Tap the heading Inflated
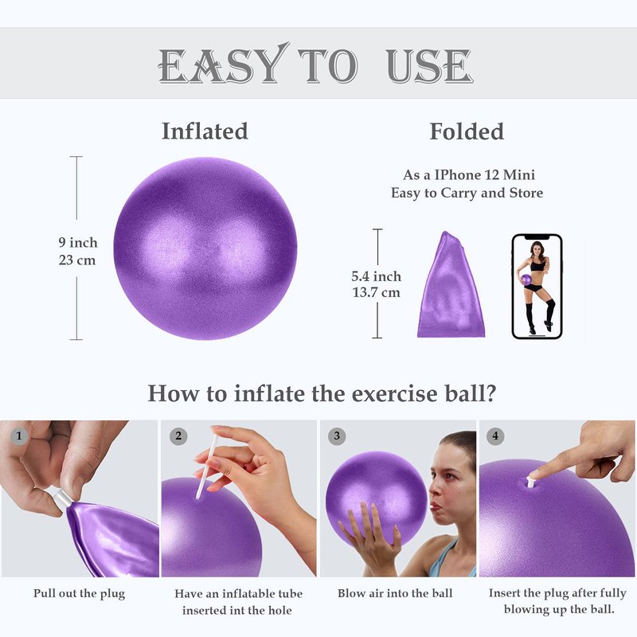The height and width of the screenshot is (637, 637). click(205, 131)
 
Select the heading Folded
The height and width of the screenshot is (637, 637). click(467, 131)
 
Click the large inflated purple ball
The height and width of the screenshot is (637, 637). click(205, 248)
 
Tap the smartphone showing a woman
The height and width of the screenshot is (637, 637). click(537, 287)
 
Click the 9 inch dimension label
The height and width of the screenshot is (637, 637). click(78, 243)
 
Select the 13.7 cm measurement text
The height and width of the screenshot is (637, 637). click(376, 292)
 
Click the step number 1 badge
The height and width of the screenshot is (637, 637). click(18, 436)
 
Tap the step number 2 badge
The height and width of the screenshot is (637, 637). click(178, 436)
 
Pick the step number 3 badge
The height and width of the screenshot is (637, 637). click(337, 436)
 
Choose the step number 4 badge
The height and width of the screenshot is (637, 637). click(495, 436)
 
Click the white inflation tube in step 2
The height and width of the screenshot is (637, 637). click(206, 467)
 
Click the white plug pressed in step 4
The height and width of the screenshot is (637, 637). click(530, 482)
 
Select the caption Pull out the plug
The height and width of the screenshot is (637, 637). click(79, 593)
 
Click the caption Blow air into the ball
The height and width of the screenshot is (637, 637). click(395, 593)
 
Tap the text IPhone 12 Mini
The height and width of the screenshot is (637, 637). click(484, 175)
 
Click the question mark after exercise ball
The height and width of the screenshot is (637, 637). click(491, 393)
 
